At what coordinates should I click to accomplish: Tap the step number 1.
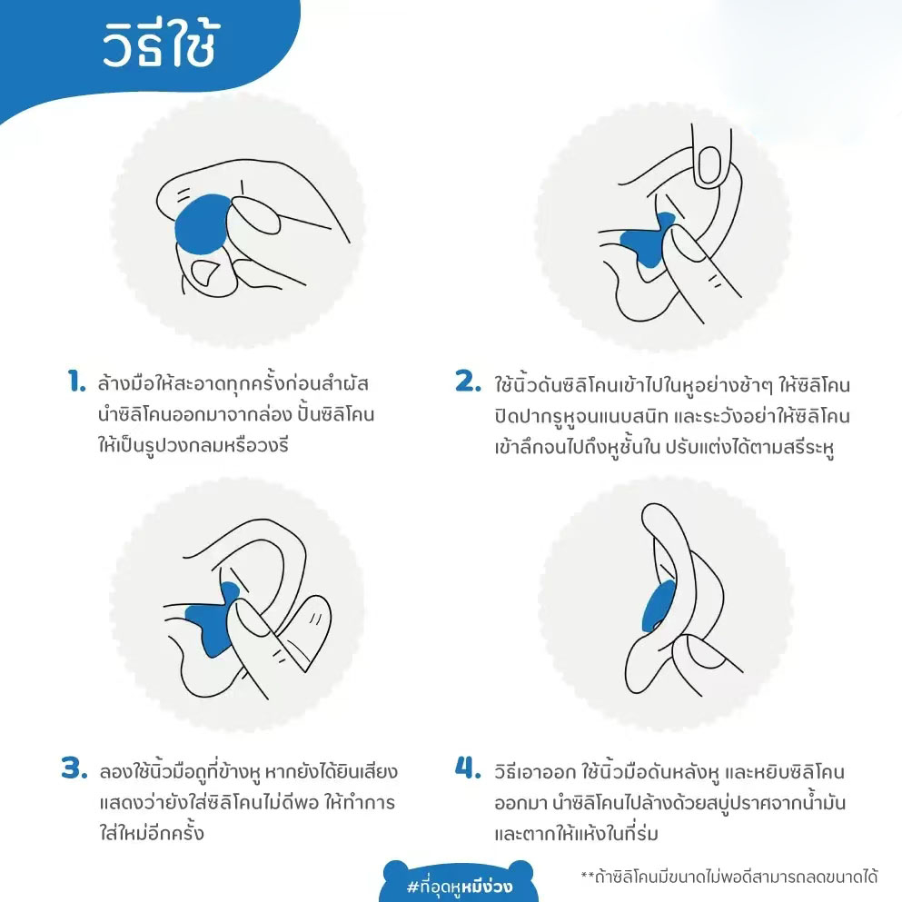[x=76, y=382]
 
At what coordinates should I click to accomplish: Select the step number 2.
[x=468, y=382]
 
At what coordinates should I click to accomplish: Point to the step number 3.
[x=74, y=768]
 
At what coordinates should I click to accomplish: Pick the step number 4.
[x=468, y=768]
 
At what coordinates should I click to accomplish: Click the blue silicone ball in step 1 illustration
[x=202, y=224]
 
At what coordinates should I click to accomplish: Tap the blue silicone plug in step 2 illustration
[x=649, y=241]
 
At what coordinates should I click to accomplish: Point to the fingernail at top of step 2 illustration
[x=709, y=167]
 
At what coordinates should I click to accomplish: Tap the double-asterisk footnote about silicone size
[x=729, y=877]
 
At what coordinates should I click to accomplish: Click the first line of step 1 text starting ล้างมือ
[x=233, y=382]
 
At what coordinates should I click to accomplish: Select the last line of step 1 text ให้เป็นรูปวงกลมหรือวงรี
[x=193, y=445]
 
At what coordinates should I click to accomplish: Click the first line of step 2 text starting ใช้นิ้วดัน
[x=672, y=383]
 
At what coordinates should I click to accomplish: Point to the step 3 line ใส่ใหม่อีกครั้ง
[x=152, y=832]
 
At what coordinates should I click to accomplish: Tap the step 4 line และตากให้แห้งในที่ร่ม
[x=576, y=832]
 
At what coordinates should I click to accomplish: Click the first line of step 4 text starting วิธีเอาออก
[x=669, y=771]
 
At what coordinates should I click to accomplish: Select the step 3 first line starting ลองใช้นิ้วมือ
[x=248, y=771]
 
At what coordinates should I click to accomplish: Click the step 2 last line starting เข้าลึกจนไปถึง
[x=664, y=447]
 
